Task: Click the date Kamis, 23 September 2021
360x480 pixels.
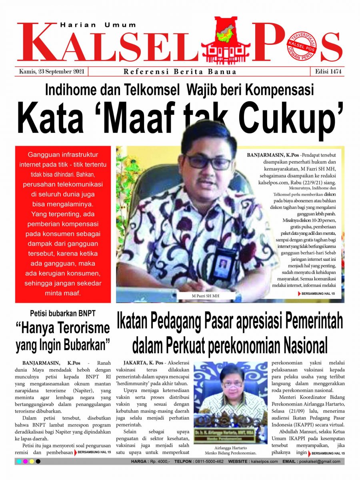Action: point(51,72)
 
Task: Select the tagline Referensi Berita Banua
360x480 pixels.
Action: point(180,72)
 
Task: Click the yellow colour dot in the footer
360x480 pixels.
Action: point(32,462)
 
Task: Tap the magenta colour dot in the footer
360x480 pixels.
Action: point(25,462)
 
